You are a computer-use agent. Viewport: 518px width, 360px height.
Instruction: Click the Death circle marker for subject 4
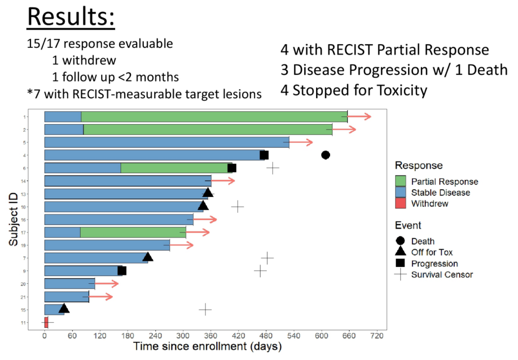326,155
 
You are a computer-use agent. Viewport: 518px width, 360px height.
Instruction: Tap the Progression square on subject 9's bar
122,271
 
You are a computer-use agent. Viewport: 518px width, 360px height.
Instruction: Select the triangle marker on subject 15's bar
64,308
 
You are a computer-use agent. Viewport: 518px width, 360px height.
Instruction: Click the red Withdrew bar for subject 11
46,322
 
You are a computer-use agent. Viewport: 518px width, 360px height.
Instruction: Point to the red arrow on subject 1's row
360,116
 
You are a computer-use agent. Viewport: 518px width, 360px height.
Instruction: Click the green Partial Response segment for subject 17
133,232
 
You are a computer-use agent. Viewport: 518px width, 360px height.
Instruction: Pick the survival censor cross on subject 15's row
205,309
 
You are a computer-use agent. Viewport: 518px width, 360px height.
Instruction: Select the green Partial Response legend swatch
400,181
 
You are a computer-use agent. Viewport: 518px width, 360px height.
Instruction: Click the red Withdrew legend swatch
400,203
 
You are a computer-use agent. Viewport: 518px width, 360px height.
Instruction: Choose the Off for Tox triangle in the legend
400,252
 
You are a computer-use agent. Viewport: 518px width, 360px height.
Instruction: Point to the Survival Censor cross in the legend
400,275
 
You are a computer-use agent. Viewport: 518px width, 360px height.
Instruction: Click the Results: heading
71,18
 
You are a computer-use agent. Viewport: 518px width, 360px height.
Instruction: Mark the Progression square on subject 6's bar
232,168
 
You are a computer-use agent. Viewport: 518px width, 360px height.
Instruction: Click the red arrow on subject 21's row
101,297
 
